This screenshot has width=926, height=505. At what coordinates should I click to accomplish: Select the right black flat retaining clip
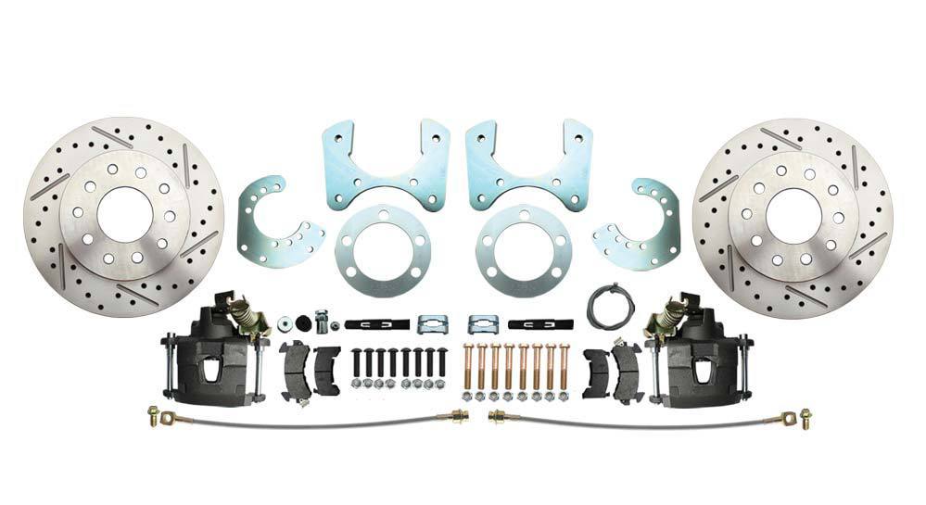pyautogui.click(x=539, y=324)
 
